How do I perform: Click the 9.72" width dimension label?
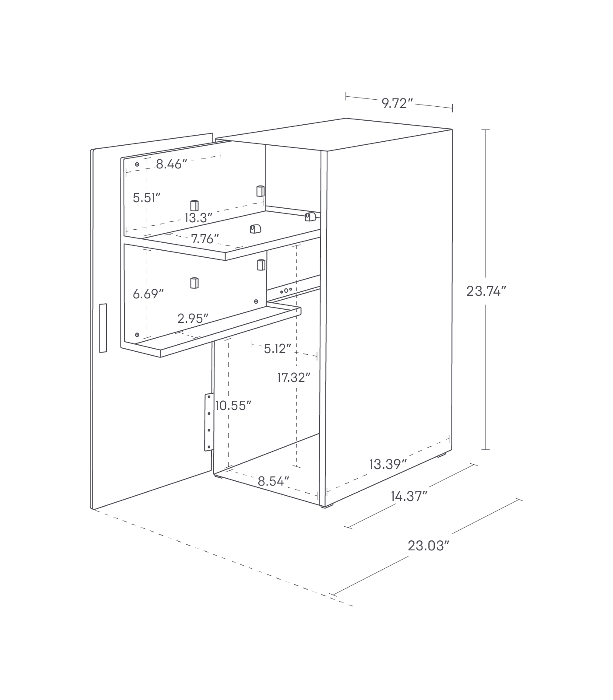(397, 104)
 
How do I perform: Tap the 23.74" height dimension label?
(486, 291)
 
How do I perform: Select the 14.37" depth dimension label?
(409, 496)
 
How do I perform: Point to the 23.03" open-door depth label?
(429, 546)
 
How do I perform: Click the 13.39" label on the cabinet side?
(388, 464)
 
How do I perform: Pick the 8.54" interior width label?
(273, 482)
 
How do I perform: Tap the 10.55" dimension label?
(233, 406)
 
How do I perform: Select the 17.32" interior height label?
(294, 377)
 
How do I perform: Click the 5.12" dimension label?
(278, 349)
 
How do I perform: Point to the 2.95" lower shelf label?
(193, 318)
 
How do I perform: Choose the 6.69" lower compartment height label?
(148, 294)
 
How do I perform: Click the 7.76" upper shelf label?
(205, 239)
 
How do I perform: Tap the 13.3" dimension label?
(198, 218)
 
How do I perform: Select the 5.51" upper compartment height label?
(147, 198)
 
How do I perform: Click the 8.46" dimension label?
(172, 164)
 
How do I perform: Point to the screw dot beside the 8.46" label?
(137, 164)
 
